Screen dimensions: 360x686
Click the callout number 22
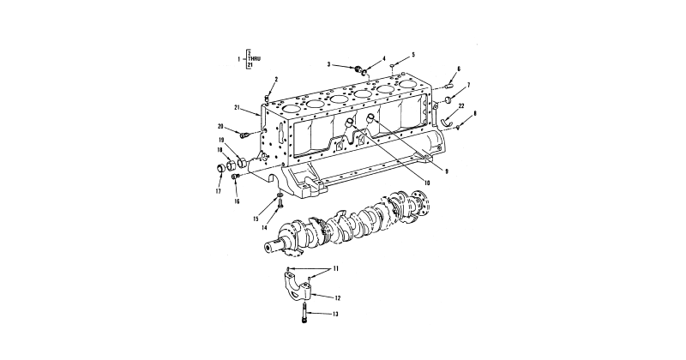[460, 105]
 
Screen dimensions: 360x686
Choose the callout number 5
[412, 53]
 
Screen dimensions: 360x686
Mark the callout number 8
[475, 113]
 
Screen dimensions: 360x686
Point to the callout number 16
[237, 201]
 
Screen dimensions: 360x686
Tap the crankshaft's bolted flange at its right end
[417, 204]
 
